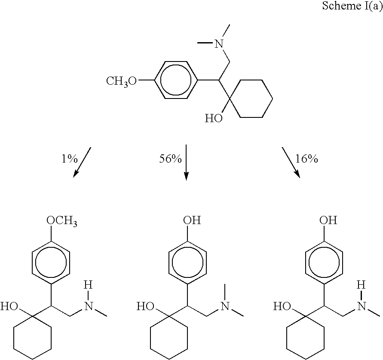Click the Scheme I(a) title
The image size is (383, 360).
[x=352, y=6]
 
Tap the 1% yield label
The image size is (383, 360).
[x=69, y=159]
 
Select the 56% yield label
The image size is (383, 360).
[x=171, y=159]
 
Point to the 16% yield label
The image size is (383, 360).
[x=307, y=159]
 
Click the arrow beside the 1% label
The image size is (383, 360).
[x=82, y=162]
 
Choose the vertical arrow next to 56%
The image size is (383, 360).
[x=186, y=162]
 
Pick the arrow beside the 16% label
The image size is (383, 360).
[x=291, y=162]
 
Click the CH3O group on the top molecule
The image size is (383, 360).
[x=121, y=81]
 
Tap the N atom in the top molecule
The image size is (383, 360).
[x=219, y=44]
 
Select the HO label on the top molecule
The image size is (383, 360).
[x=214, y=118]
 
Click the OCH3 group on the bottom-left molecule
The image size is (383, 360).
[x=62, y=221]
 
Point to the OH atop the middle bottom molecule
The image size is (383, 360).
[x=192, y=220]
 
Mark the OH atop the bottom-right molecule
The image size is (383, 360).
[x=328, y=220]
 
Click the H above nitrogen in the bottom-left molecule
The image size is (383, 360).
[x=89, y=285]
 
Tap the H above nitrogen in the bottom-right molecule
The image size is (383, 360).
[x=361, y=285]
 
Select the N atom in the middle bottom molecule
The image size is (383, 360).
[x=225, y=306]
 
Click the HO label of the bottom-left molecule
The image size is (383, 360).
[x=9, y=306]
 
